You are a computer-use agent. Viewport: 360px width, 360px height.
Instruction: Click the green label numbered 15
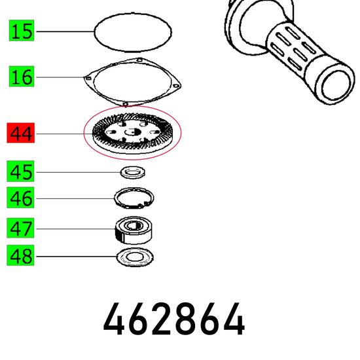click(22, 31)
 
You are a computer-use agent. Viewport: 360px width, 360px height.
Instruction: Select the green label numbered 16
click(22, 77)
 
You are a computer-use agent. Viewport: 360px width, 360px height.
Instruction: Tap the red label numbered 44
click(21, 133)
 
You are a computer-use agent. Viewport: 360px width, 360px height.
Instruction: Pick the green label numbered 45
click(20, 171)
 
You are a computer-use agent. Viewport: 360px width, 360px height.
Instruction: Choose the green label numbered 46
click(20, 198)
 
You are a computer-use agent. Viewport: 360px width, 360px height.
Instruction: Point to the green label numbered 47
click(20, 228)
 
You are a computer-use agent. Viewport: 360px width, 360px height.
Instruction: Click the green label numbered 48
click(20, 255)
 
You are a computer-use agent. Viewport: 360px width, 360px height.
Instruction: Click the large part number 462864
click(174, 319)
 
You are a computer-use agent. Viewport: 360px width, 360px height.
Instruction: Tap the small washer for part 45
click(133, 172)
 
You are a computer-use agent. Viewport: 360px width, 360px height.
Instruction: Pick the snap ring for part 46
click(134, 189)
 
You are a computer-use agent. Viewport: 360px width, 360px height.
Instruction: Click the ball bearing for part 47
click(134, 230)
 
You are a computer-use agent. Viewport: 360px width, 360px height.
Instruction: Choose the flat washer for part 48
click(135, 257)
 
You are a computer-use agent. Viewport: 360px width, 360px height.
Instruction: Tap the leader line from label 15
click(65, 31)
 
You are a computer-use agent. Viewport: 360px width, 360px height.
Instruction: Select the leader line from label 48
click(77, 256)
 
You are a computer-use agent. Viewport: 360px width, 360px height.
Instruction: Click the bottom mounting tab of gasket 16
click(126, 105)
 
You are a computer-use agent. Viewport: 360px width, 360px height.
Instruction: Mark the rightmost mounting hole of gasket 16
click(175, 86)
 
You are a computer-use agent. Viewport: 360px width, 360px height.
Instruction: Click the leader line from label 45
click(79, 172)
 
